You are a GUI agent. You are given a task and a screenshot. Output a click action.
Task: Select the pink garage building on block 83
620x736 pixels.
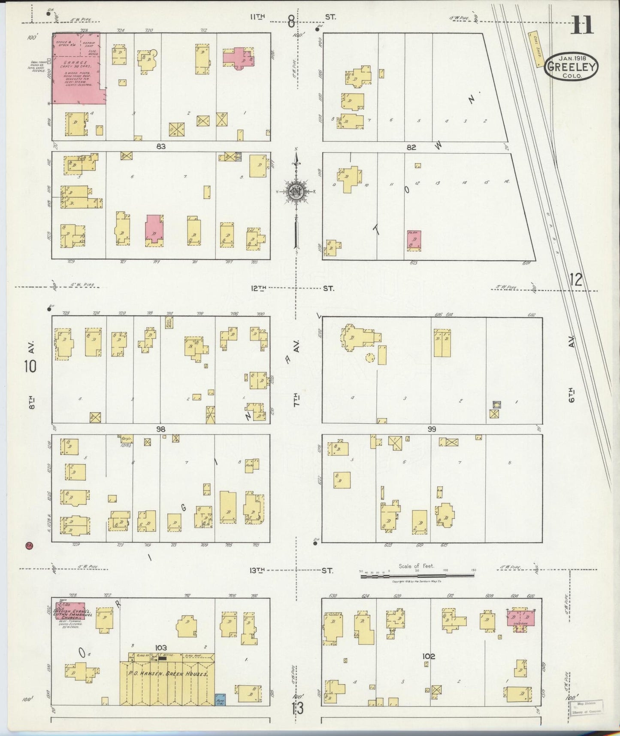pos(77,69)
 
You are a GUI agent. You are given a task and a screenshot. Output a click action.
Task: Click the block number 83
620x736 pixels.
pos(161,146)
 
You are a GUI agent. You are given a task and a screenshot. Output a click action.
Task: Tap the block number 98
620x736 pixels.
pos(161,429)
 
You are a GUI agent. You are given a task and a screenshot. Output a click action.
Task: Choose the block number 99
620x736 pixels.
pos(432,429)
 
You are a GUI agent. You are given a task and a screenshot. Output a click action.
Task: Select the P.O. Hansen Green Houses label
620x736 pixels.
pos(168,674)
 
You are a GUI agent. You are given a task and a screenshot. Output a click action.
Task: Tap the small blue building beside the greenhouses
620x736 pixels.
pos(220,699)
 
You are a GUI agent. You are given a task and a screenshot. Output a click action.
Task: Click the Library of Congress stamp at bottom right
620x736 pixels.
pos(586,706)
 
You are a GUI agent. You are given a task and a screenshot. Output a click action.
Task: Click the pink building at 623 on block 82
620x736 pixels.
pos(414,241)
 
